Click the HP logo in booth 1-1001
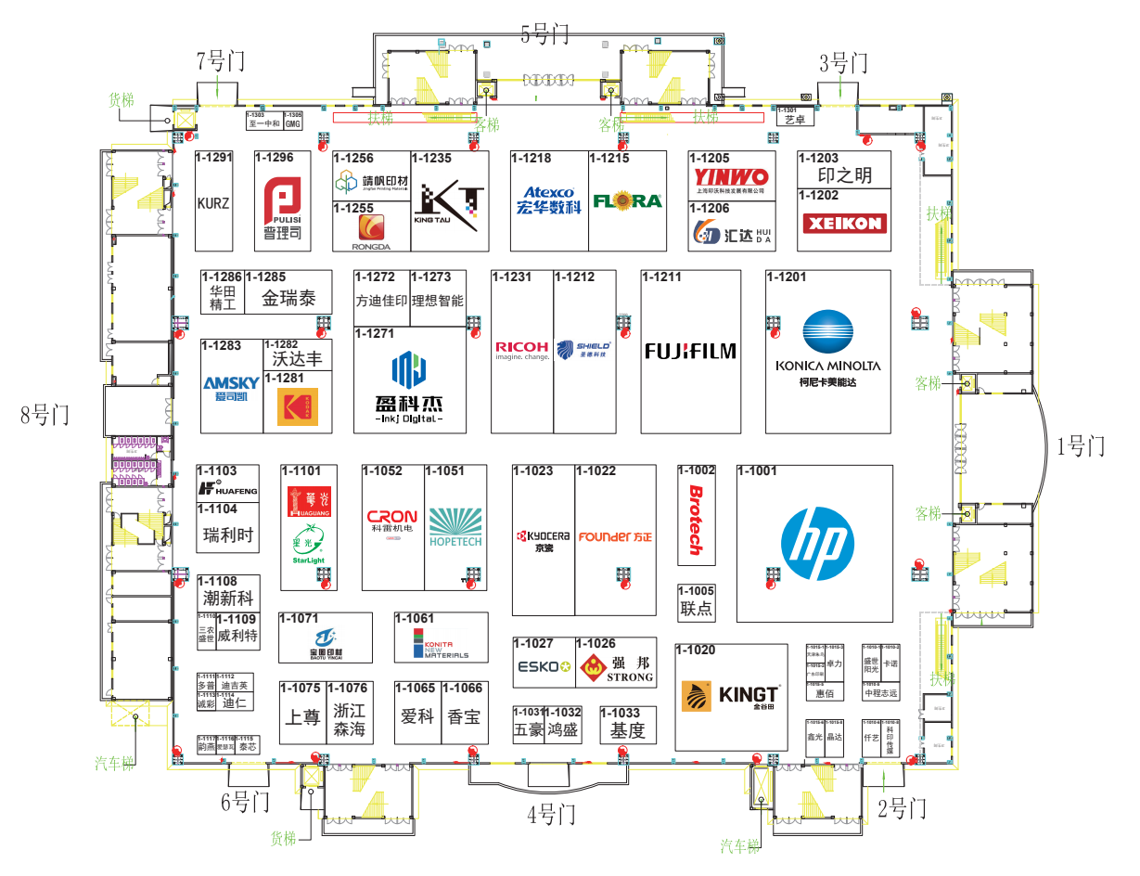point(816,544)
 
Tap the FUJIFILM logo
point(690,351)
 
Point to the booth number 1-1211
point(662,277)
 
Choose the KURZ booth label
point(213,203)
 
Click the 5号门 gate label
point(544,35)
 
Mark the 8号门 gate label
point(45,415)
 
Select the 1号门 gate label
point(1081,446)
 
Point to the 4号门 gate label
point(551,816)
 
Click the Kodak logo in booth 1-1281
point(297,406)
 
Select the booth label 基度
point(627,730)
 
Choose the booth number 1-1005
point(697,591)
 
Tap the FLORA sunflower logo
point(627,200)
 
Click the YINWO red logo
point(731,176)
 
